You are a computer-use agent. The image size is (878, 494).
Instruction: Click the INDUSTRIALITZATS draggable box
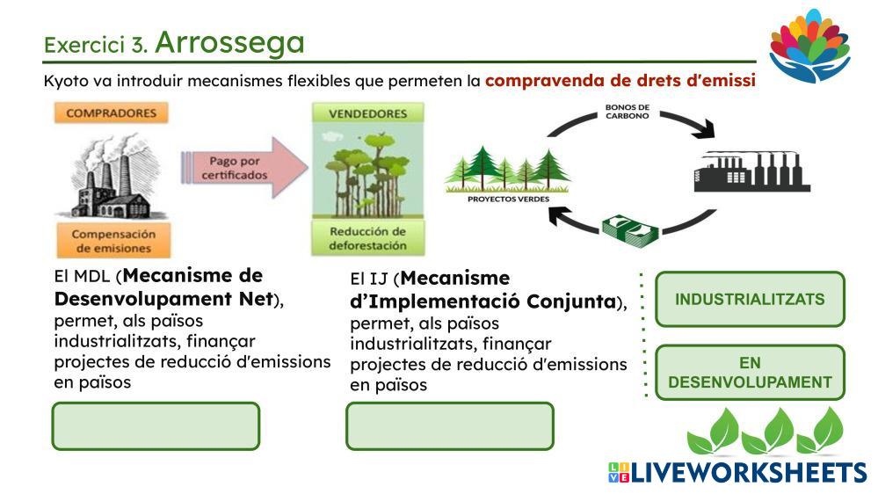pos(750,299)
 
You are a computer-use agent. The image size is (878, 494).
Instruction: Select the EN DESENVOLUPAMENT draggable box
pos(750,372)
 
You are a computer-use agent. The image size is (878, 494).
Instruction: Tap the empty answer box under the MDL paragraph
pos(156,426)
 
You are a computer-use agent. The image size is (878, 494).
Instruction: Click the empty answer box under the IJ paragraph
pos(449,426)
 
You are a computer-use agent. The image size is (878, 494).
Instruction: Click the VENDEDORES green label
pos(367,114)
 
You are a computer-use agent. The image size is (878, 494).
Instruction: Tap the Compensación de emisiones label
pos(112,241)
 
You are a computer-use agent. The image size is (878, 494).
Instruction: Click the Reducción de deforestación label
pos(367,238)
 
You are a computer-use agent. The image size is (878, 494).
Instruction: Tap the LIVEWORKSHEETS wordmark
pos(736,473)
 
